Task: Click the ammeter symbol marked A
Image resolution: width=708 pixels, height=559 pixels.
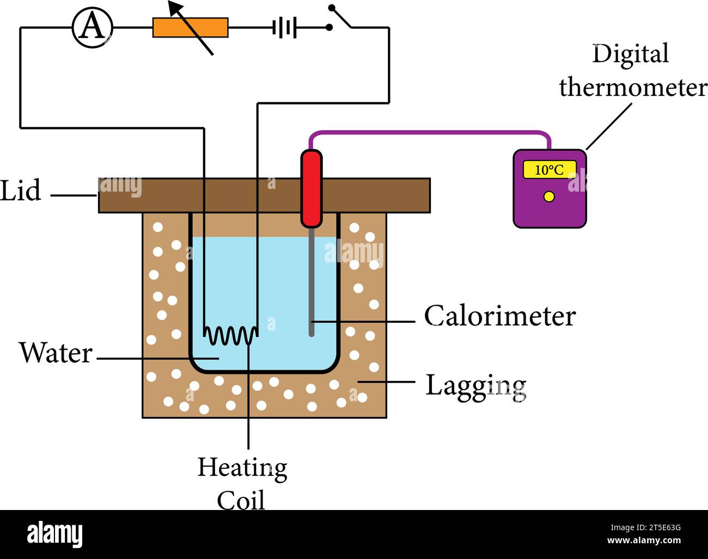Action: pyautogui.click(x=92, y=28)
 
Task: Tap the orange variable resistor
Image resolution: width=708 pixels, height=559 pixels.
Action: pyautogui.click(x=190, y=28)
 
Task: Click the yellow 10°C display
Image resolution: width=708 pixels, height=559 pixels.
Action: pyautogui.click(x=549, y=170)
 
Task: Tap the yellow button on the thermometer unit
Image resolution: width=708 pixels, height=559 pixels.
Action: pyautogui.click(x=549, y=196)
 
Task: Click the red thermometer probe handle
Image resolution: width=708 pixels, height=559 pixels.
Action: pyautogui.click(x=312, y=188)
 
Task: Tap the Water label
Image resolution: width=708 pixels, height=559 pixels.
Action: pyautogui.click(x=56, y=353)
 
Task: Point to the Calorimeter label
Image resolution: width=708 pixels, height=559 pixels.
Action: pyautogui.click(x=499, y=316)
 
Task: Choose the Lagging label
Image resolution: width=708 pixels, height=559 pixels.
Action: pyautogui.click(x=475, y=386)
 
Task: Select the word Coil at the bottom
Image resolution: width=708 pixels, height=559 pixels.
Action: pyautogui.click(x=241, y=500)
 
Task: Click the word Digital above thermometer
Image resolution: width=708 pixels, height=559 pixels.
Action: pyautogui.click(x=630, y=54)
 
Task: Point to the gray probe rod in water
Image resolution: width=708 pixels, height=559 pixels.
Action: pyautogui.click(x=312, y=283)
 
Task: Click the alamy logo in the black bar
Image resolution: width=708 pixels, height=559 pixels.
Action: pyautogui.click(x=54, y=534)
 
